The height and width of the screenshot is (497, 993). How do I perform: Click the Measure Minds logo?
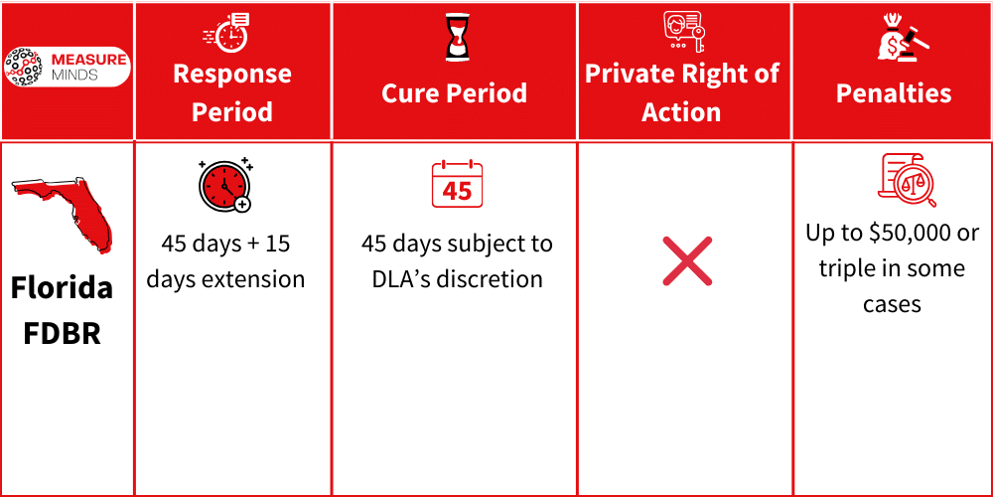pyautogui.click(x=67, y=67)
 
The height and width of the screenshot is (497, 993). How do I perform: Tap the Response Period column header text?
pyautogui.click(x=232, y=92)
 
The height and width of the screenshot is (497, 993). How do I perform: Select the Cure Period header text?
pyautogui.click(x=454, y=93)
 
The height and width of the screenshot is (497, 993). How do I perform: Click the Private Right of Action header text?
pyautogui.click(x=682, y=92)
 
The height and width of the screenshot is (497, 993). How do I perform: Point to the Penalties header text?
pyautogui.click(x=893, y=93)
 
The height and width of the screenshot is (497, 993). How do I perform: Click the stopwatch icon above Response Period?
pyautogui.click(x=229, y=33)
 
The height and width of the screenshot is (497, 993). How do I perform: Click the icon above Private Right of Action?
pyautogui.click(x=683, y=33)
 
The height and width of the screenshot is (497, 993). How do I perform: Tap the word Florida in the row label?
pyautogui.click(x=62, y=289)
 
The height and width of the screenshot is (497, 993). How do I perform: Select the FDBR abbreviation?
pyautogui.click(x=62, y=333)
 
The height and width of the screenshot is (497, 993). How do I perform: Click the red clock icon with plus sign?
pyautogui.click(x=225, y=185)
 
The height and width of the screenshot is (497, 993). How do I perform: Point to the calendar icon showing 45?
pyautogui.click(x=457, y=185)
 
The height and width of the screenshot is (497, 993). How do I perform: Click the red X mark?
pyautogui.click(x=687, y=260)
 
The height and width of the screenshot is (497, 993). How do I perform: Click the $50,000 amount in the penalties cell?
pyautogui.click(x=907, y=233)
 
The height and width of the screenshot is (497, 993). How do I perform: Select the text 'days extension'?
pyautogui.click(x=225, y=279)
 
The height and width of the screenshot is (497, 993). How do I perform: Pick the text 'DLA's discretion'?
pyautogui.click(x=457, y=279)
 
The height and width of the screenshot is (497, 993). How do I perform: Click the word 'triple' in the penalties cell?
pyautogui.click(x=847, y=268)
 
